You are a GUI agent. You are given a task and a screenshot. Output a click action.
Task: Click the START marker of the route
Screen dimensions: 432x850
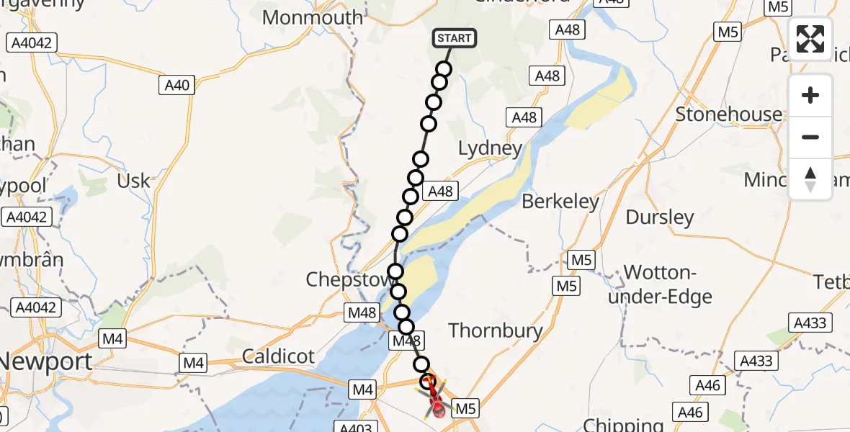tap(454, 38)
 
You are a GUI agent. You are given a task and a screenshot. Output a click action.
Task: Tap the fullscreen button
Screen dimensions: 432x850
tap(810, 39)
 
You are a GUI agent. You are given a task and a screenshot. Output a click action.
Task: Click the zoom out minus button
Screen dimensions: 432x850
tap(810, 137)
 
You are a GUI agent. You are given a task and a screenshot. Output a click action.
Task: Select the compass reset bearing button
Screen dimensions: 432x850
tap(810, 179)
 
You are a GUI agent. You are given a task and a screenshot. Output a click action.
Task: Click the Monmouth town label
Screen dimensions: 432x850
tap(313, 17)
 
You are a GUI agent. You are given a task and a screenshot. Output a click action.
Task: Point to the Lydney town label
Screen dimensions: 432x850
tap(491, 149)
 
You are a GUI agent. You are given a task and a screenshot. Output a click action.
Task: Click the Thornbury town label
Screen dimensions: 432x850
tap(496, 330)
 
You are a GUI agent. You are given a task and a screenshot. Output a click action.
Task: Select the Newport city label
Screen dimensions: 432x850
tap(47, 361)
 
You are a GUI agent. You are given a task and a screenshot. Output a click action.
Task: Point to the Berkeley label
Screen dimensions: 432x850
tap(560, 202)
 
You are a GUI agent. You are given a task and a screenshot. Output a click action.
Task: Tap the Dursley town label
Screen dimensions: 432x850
tap(660, 217)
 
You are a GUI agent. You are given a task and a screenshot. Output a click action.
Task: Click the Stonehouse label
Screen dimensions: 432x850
tap(728, 114)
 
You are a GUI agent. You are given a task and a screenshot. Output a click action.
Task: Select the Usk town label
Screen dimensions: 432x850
tap(133, 181)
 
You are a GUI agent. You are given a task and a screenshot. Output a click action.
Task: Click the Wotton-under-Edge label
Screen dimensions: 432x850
tap(660, 284)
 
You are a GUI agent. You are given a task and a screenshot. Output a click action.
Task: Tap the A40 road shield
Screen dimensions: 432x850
tap(176, 86)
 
